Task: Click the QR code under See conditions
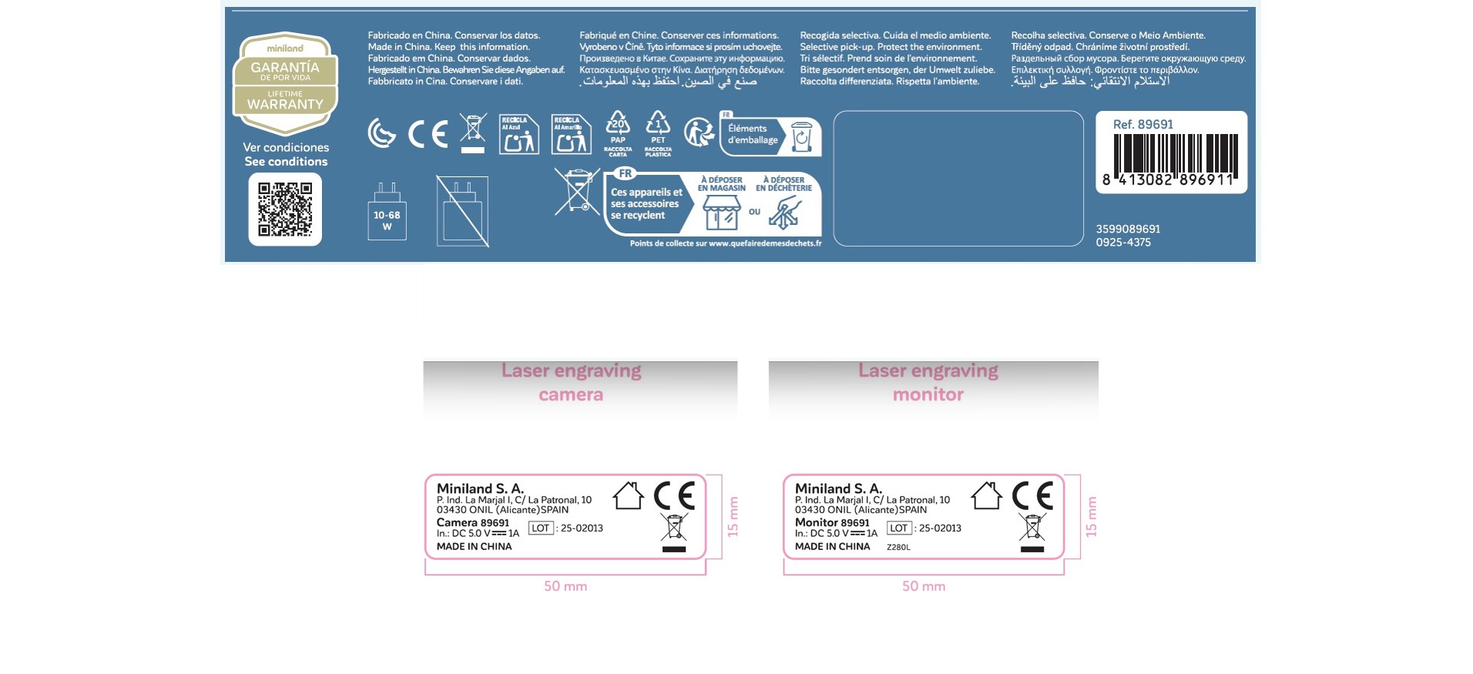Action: pos(285,209)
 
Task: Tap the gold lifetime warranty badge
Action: pos(285,83)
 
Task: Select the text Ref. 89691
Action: pos(1142,125)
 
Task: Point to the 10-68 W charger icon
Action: pos(387,212)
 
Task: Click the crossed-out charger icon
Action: pos(462,211)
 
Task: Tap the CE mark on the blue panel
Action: pos(428,134)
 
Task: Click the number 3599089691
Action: pos(1128,230)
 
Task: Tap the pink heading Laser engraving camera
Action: pos(571,382)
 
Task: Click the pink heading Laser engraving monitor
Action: pos(928,382)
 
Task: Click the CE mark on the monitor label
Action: pos(1032,495)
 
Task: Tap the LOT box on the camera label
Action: pos(541,528)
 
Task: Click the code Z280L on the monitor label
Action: pos(898,548)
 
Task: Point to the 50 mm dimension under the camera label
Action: pos(565,586)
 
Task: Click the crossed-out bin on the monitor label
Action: pos(1032,528)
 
